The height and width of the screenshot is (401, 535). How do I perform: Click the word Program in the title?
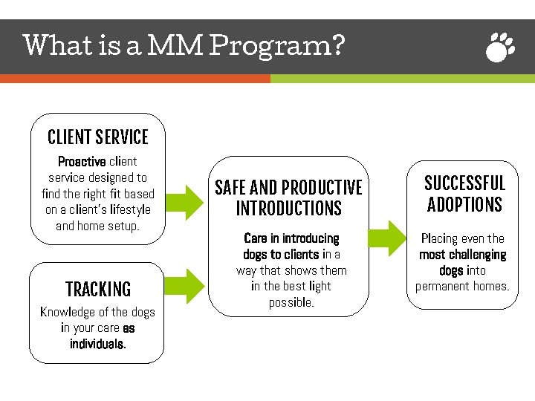click(276, 46)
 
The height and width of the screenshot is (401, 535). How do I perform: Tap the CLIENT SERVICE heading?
click(97, 137)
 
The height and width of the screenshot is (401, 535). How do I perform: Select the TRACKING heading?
click(97, 290)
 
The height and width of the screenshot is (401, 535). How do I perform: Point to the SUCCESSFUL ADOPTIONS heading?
click(464, 194)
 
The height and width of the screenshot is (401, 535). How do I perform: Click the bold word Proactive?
click(82, 161)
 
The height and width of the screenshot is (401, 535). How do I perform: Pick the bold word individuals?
click(97, 345)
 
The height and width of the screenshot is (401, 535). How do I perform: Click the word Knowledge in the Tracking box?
click(65, 312)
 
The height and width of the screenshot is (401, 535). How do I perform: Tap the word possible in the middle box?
click(291, 302)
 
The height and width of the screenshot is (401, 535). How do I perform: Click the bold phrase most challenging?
click(462, 255)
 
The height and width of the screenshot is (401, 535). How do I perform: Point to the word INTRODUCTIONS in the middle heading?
click(288, 209)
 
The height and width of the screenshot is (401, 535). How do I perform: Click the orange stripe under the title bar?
click(134, 78)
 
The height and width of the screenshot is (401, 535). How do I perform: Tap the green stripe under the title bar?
click(401, 78)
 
